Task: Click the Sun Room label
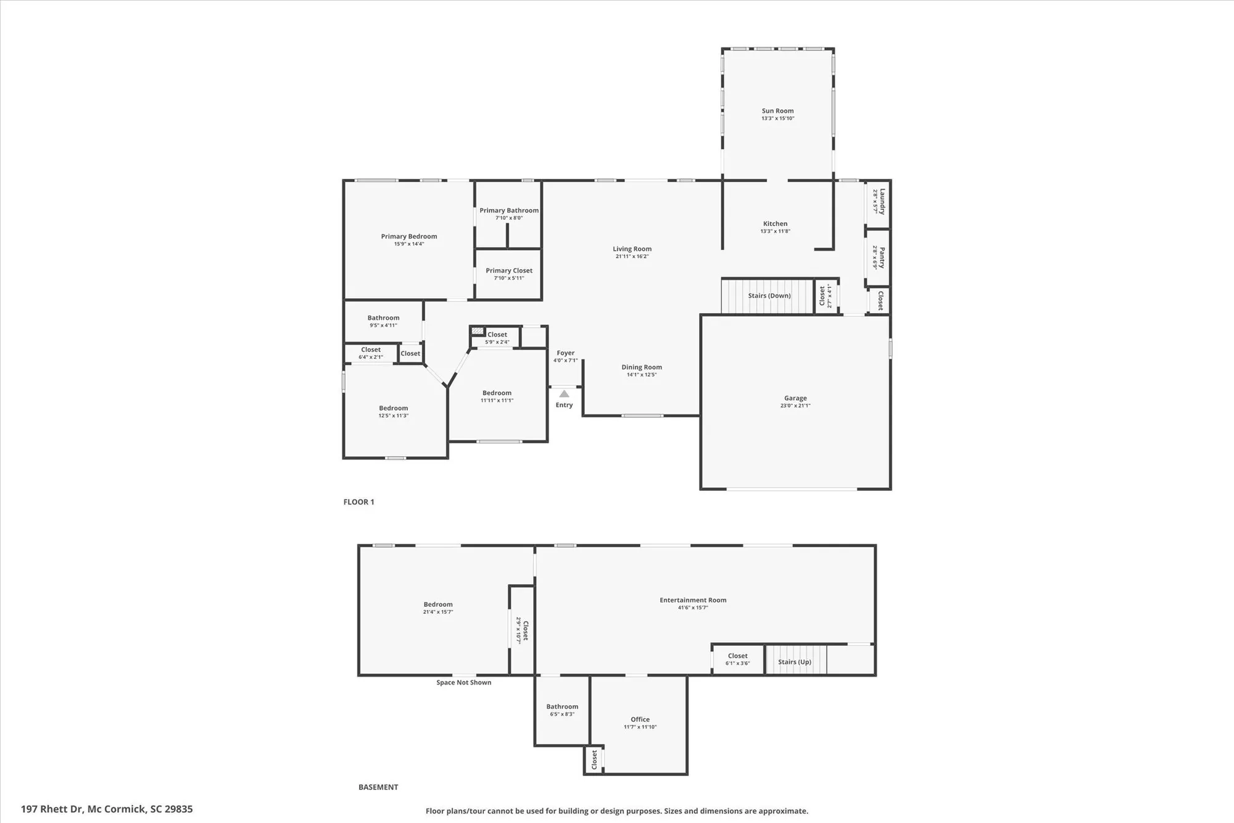[777, 111]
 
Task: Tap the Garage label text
[795, 398]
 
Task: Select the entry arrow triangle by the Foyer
[564, 394]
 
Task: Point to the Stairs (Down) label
[769, 296]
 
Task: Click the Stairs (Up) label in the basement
[795, 662]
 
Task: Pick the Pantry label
[882, 257]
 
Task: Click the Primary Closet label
[509, 270]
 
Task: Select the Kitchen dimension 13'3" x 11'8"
[775, 232]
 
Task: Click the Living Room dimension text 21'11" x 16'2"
[632, 257]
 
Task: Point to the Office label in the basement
[640, 719]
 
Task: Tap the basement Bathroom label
[562, 706]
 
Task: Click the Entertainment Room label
[693, 600]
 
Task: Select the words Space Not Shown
[464, 682]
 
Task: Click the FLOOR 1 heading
[358, 502]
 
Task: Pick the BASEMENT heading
[378, 787]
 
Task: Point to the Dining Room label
[642, 367]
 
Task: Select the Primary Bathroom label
[509, 211]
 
